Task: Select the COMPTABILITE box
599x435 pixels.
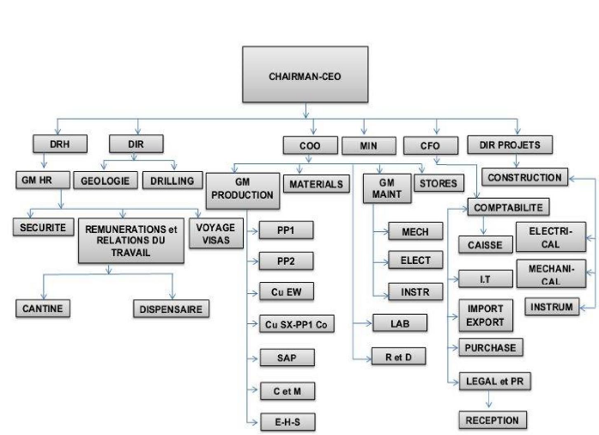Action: (x=508, y=207)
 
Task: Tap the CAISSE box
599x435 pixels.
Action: (x=485, y=244)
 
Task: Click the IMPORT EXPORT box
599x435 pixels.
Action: (x=486, y=316)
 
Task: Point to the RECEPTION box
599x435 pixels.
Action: (x=493, y=420)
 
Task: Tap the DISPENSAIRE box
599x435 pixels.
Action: (x=171, y=308)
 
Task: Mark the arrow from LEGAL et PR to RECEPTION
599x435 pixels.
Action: (x=490, y=400)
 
